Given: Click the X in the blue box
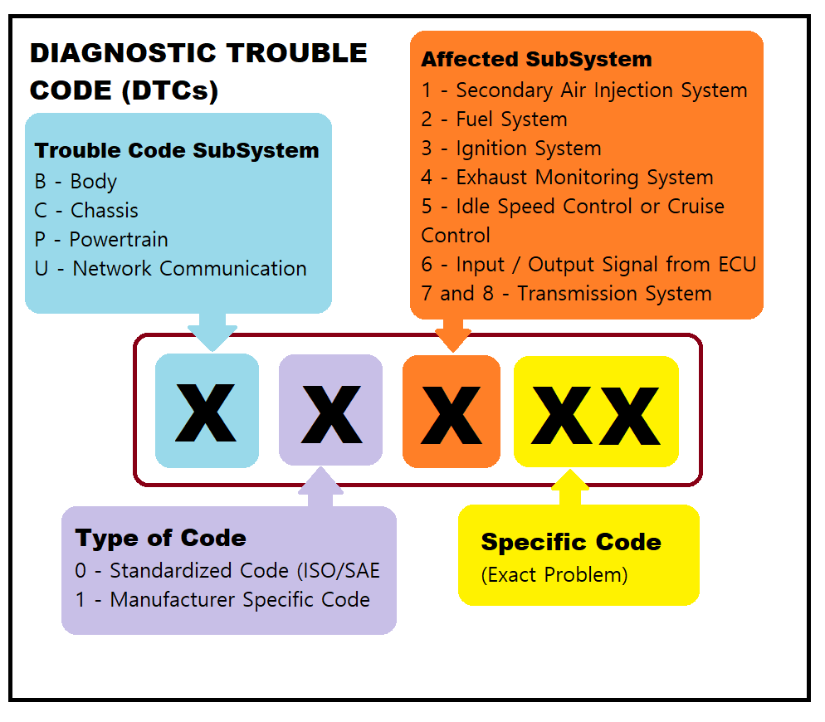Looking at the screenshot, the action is click(x=206, y=412).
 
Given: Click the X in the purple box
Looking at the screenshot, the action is click(x=331, y=414).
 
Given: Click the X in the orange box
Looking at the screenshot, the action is click(x=452, y=415).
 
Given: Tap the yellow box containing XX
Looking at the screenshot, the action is click(x=596, y=412).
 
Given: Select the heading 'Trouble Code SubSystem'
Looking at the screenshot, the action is click(x=177, y=150).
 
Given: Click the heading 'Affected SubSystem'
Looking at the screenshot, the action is click(x=537, y=60).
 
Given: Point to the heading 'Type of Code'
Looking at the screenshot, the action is click(x=160, y=539).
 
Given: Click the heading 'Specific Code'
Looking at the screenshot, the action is click(x=571, y=542).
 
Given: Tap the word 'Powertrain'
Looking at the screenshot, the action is click(x=119, y=240).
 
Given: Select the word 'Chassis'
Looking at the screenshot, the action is click(x=105, y=211).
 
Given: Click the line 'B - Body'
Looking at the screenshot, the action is click(x=76, y=182).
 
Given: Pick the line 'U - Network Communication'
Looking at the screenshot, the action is click(x=170, y=268).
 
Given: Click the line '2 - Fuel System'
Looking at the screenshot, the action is click(x=495, y=120).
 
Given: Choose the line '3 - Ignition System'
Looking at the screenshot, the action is click(x=511, y=149).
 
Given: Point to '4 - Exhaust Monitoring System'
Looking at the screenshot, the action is click(x=567, y=178).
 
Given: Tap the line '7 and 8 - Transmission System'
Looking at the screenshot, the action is click(x=567, y=294).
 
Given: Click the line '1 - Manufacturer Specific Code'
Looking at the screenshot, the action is click(x=222, y=600).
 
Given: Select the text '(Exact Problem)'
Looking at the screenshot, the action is click(x=554, y=575).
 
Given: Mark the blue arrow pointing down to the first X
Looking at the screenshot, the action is click(x=212, y=332).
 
